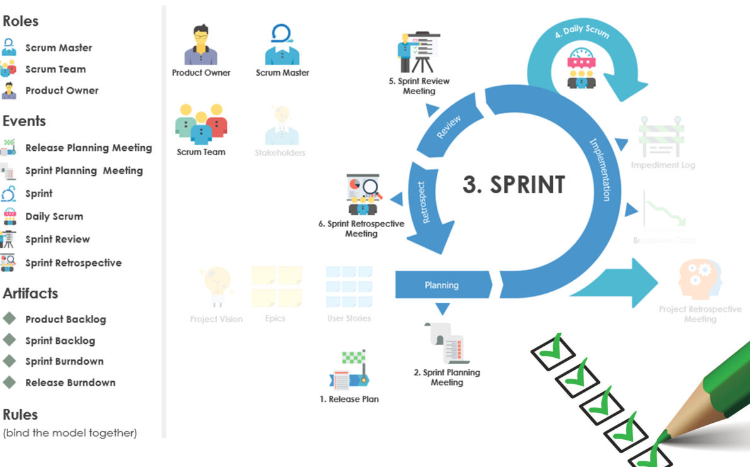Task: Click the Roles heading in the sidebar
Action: point(21,21)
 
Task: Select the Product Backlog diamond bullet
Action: point(9,318)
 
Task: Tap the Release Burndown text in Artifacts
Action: point(70,382)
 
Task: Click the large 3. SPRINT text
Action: point(514,185)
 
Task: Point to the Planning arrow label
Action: point(441,285)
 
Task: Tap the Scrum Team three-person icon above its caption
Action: point(201,124)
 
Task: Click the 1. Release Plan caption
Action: point(349,399)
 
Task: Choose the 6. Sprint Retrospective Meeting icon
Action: point(362,195)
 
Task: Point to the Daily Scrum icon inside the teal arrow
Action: point(582,68)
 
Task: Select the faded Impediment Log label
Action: point(663,165)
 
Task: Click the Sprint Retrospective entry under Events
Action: point(73,263)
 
